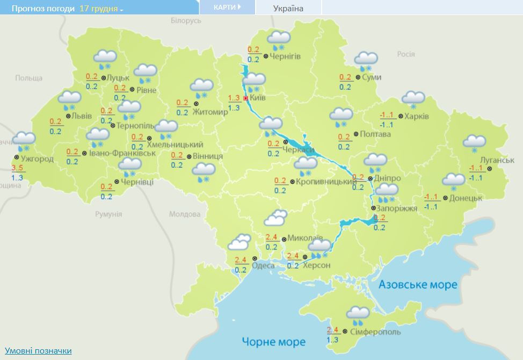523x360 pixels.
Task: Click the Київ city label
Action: [258, 99]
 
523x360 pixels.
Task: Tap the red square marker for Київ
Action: [245, 98]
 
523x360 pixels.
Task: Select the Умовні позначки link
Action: [38, 350]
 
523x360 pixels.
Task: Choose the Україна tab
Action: [288, 8]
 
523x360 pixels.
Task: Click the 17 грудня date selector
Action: [101, 9]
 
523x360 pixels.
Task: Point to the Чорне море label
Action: [273, 342]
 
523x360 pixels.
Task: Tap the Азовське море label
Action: [418, 284]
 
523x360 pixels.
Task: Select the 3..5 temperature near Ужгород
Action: [17, 169]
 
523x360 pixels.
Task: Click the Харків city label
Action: [417, 116]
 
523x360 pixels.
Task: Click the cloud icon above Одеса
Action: [239, 243]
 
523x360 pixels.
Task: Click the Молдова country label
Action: [185, 214]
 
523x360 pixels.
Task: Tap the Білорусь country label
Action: [186, 20]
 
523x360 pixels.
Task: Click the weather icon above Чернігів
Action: [279, 40]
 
